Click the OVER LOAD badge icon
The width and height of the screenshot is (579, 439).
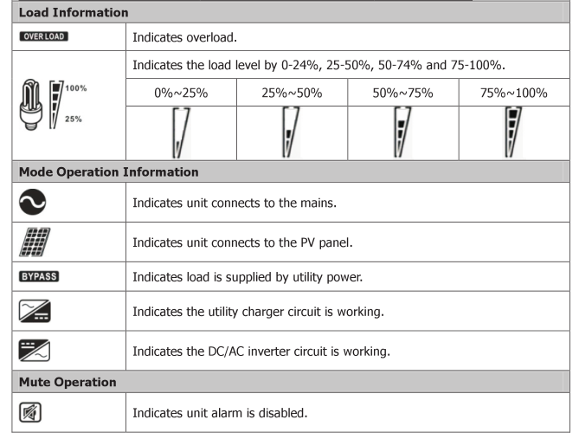(x=43, y=36)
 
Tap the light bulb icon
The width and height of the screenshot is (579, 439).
(x=30, y=105)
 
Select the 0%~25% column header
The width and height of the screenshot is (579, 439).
(x=181, y=93)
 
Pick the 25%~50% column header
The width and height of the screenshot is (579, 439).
(x=292, y=93)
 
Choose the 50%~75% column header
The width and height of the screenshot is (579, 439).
(x=402, y=93)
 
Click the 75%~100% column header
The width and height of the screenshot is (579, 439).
(x=513, y=93)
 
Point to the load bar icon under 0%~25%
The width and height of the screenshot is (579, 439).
(x=181, y=132)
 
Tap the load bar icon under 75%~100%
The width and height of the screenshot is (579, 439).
(x=513, y=132)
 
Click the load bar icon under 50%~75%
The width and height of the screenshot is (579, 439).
(x=402, y=132)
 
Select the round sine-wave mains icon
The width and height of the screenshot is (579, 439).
(x=33, y=202)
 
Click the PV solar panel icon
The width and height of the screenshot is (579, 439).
(x=35, y=242)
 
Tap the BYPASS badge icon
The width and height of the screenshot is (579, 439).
(x=39, y=276)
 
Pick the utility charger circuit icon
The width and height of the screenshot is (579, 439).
(x=35, y=311)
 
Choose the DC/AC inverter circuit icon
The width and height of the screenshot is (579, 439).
(x=35, y=351)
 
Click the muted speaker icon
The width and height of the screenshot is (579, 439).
(x=30, y=412)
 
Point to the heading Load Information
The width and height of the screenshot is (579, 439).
(x=74, y=12)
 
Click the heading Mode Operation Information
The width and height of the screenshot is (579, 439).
(x=108, y=171)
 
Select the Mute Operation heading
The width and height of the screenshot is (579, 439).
(x=68, y=382)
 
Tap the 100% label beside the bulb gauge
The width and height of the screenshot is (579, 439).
(x=76, y=88)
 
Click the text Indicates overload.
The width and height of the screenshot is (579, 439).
(x=184, y=37)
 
